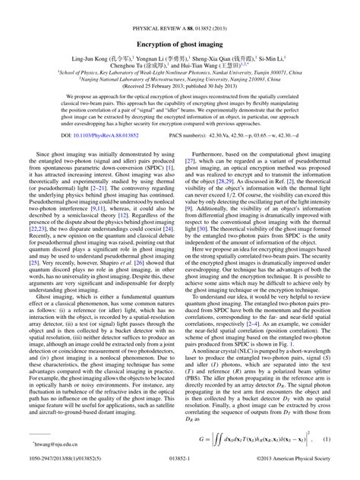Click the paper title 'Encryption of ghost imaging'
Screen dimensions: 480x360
click(180, 45)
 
